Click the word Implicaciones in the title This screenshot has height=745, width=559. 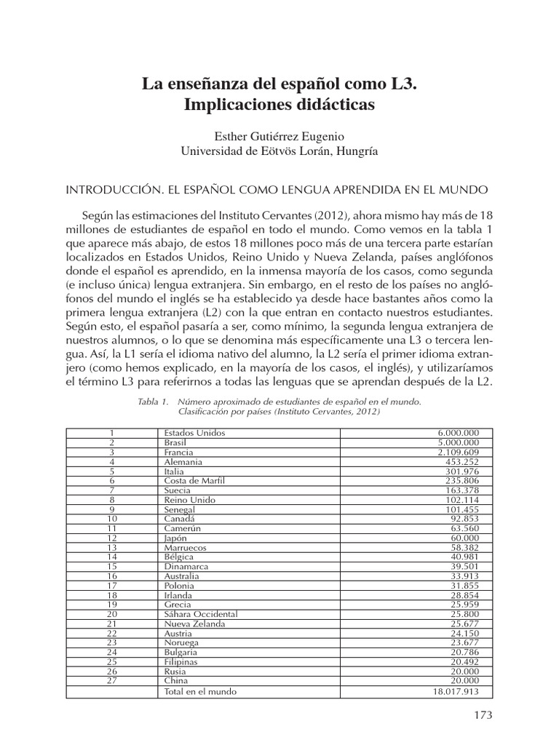(x=231, y=105)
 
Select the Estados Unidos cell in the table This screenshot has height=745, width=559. (x=195, y=432)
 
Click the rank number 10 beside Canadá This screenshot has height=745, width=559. (x=112, y=518)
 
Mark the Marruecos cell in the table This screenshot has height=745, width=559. (x=186, y=547)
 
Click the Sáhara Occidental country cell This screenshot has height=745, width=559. (x=201, y=614)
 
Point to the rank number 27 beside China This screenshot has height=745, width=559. (x=112, y=681)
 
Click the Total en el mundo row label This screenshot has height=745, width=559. (x=201, y=691)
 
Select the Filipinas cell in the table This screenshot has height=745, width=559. (x=181, y=662)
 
